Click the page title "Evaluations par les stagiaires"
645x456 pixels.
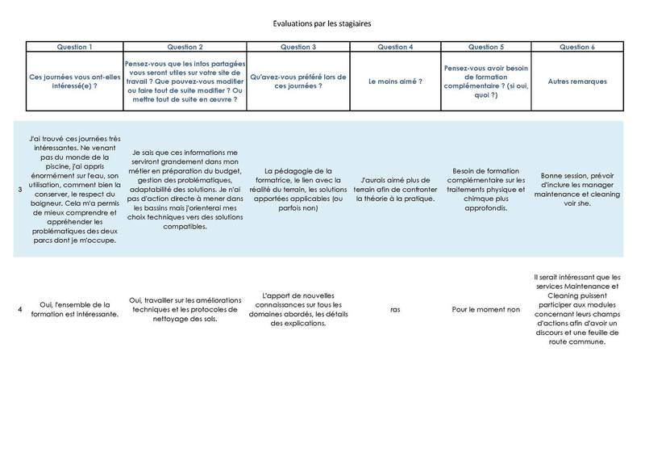(322, 25)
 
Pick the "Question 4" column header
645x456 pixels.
(395, 47)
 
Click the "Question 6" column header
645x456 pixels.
(577, 47)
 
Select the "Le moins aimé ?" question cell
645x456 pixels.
(395, 82)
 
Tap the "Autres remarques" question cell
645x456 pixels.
(577, 82)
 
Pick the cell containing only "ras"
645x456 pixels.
(395, 307)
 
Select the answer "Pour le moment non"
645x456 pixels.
(485, 307)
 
